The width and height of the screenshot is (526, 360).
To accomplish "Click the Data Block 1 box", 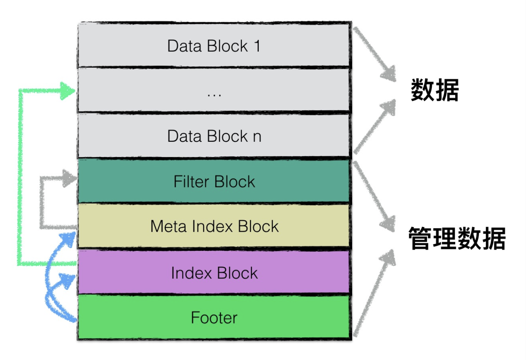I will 214,45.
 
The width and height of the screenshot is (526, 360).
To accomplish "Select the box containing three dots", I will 214,90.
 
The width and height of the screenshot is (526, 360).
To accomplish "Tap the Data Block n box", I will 214,136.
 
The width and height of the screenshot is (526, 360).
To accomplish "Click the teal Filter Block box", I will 214,181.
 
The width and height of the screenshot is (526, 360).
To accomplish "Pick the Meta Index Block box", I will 214,226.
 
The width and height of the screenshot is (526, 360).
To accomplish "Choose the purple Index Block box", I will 214,273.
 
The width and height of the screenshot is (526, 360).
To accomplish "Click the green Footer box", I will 214,317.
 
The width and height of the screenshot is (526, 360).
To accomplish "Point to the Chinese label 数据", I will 435,90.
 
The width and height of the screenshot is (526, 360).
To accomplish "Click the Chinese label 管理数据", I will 457,238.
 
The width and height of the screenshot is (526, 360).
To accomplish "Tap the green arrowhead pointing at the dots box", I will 68,91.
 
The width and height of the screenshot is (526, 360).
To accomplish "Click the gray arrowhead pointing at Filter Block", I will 70,178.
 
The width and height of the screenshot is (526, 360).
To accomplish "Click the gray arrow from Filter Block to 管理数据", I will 373,195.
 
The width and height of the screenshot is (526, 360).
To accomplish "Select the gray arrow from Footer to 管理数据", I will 373,293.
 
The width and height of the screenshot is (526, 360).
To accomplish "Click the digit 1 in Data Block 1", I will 257,46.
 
